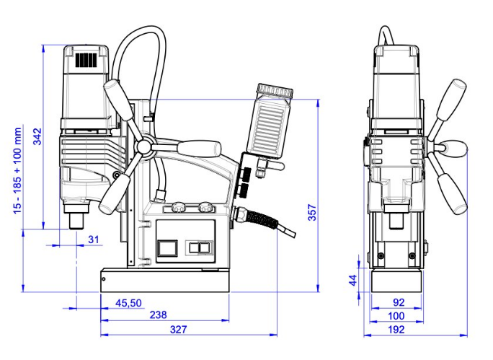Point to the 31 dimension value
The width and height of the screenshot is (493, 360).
pos(93,239)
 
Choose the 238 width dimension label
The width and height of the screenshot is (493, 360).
pos(159,315)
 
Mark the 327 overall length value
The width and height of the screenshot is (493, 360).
pos(178,330)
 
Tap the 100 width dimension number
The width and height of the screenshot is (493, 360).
pos(396,316)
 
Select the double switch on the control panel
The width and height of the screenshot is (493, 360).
pos(197,247)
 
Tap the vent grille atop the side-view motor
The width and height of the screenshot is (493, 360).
pos(86,61)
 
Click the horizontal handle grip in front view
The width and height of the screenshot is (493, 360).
pos(200,149)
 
